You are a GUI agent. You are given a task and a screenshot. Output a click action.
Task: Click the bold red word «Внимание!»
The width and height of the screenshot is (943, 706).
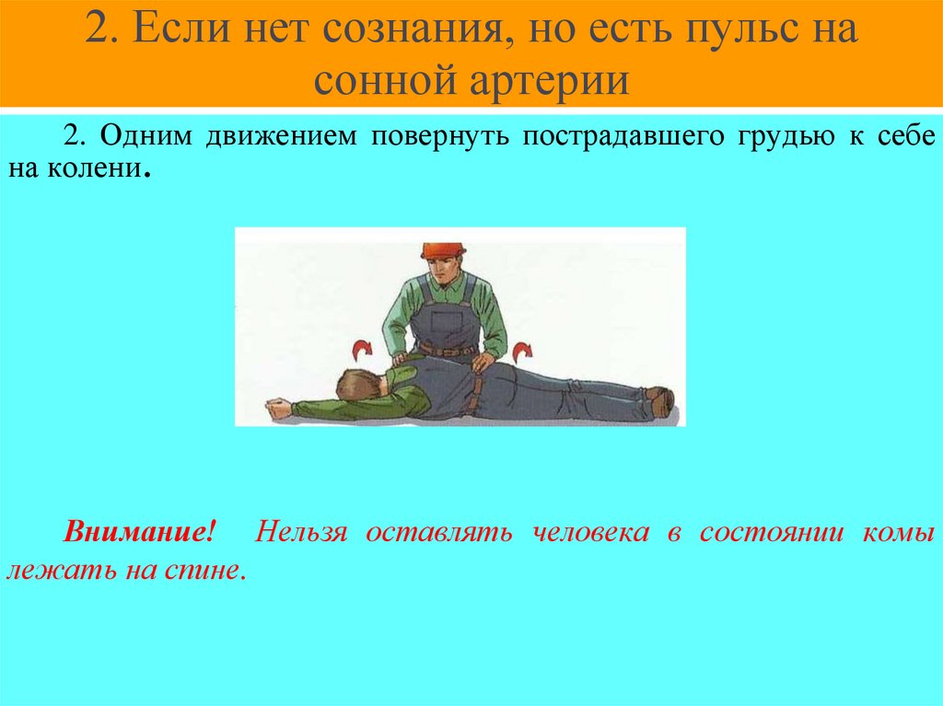point(140,534)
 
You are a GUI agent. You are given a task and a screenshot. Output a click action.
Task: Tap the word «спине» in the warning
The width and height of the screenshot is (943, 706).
point(210,571)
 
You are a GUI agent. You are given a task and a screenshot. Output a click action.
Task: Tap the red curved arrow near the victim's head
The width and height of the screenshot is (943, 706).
point(361,348)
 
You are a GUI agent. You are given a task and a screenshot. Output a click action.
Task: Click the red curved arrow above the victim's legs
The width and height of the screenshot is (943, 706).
point(522,350)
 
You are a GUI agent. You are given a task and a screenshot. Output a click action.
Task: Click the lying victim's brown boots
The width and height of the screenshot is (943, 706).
point(659,400)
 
